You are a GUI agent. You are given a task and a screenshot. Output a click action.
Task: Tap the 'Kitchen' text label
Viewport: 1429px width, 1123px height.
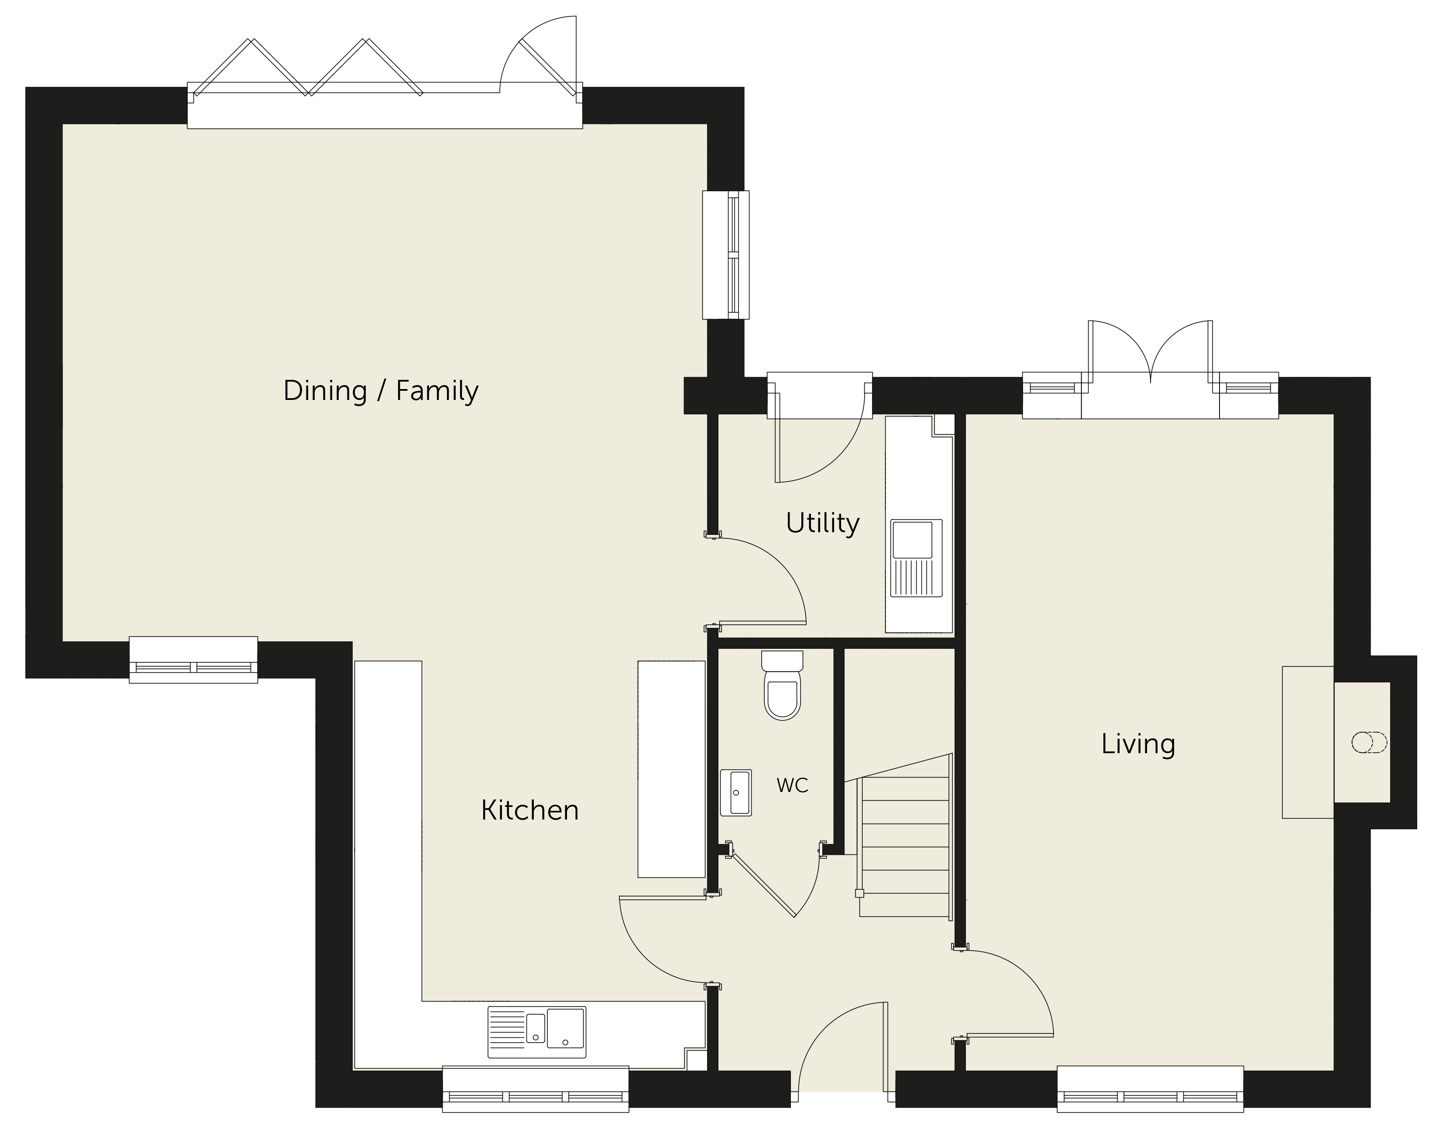(x=530, y=810)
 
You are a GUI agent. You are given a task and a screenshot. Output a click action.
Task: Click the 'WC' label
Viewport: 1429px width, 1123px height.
(x=792, y=785)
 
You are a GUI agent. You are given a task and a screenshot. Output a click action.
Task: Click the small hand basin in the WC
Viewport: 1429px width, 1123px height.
(x=735, y=792)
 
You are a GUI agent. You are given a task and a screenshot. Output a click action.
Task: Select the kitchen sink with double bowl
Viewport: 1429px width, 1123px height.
(x=536, y=1032)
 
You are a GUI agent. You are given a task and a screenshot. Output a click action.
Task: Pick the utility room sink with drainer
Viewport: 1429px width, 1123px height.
(x=916, y=558)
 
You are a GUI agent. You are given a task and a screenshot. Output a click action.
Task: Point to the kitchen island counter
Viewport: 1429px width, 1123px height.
(x=671, y=768)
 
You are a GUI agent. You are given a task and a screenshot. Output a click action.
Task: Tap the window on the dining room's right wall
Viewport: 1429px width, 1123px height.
(x=726, y=255)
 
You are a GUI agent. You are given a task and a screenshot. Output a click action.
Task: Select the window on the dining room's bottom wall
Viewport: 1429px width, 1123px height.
(x=193, y=659)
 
